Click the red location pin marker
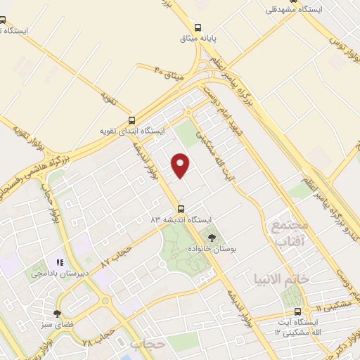tap(182, 165)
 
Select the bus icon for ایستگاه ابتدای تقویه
tap(132, 120)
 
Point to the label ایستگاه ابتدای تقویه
tap(131, 131)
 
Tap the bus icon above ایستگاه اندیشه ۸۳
tap(181, 208)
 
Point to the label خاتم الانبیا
tap(282, 279)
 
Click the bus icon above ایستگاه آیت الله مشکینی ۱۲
tap(297, 311)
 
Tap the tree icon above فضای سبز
tap(57, 314)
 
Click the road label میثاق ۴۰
tap(169, 73)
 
